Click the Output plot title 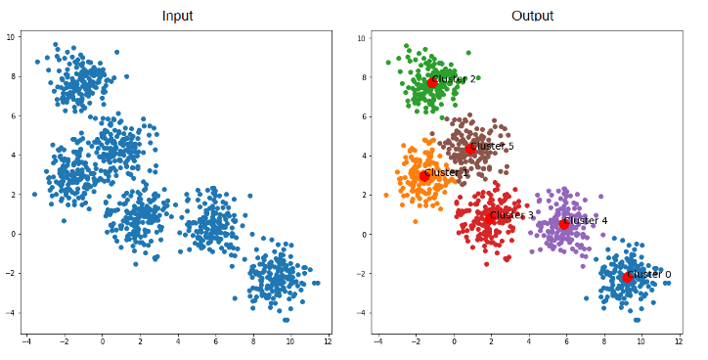point(532,16)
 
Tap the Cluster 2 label point(455,79)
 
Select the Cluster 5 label point(492,146)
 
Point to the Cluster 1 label point(446,173)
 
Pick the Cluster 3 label point(512,215)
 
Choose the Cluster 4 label point(586,220)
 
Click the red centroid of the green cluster point(431,82)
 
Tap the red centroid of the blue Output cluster point(627,278)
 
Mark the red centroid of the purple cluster point(563,224)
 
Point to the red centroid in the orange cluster point(424,176)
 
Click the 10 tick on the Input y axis point(11,37)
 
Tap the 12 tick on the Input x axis point(327,341)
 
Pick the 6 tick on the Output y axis point(364,116)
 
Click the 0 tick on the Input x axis point(103,341)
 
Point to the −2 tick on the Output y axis point(362,273)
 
